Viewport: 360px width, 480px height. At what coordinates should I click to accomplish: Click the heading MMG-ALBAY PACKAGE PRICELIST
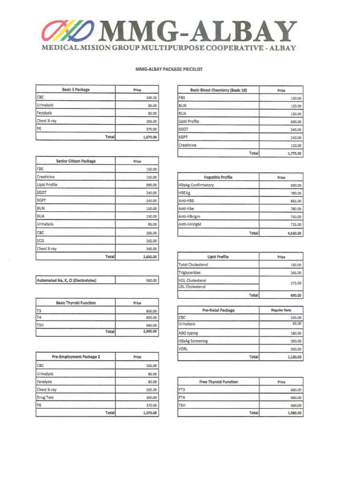(x=169, y=69)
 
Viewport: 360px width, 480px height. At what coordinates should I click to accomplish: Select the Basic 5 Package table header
(x=75, y=90)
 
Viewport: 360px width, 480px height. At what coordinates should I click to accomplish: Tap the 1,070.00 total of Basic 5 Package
(x=150, y=137)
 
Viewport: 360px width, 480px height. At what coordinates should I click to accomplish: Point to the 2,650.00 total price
(x=150, y=257)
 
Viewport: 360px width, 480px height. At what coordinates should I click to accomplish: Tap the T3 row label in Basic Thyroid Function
(x=38, y=311)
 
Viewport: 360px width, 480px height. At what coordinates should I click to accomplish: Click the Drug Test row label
(x=45, y=397)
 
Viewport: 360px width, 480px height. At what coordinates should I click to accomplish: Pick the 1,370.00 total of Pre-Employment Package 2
(x=150, y=413)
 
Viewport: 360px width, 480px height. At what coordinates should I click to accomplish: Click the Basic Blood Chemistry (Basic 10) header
(x=218, y=90)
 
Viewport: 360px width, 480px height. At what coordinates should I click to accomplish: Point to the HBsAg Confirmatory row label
(x=196, y=185)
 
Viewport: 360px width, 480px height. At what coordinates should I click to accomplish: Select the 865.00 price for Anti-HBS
(x=296, y=201)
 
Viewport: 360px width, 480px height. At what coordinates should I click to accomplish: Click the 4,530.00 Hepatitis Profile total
(x=294, y=233)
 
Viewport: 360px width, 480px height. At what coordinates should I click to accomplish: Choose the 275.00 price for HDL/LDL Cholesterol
(x=296, y=283)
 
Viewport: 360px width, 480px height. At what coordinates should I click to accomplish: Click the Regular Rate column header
(x=281, y=310)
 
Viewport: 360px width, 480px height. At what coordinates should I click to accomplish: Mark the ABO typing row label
(x=188, y=333)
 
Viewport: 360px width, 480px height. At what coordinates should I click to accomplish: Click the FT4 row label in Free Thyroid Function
(x=182, y=397)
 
